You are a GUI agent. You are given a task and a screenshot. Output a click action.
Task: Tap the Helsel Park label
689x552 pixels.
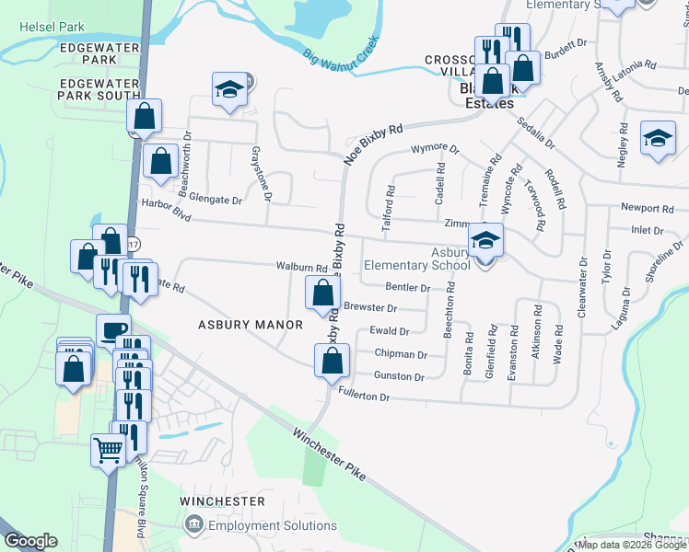tap(52, 26)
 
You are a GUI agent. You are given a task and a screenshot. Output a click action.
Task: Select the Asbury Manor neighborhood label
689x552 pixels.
tap(251, 325)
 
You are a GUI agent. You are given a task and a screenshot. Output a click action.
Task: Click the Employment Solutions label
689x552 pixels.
tap(273, 525)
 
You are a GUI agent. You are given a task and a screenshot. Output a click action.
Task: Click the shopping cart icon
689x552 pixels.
tap(108, 451)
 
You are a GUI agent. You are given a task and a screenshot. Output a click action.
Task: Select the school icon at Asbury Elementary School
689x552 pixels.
tap(485, 241)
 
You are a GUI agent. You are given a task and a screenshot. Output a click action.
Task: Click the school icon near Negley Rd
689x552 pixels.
tap(658, 138)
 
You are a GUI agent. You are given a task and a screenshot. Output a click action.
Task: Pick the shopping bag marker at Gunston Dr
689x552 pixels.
tap(333, 361)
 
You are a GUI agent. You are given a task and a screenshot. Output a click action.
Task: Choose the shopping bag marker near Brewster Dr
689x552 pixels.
tap(322, 293)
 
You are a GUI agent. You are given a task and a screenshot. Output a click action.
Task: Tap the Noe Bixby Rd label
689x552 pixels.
tap(374, 144)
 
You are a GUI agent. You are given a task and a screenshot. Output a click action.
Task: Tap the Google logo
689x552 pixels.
tap(29, 541)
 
